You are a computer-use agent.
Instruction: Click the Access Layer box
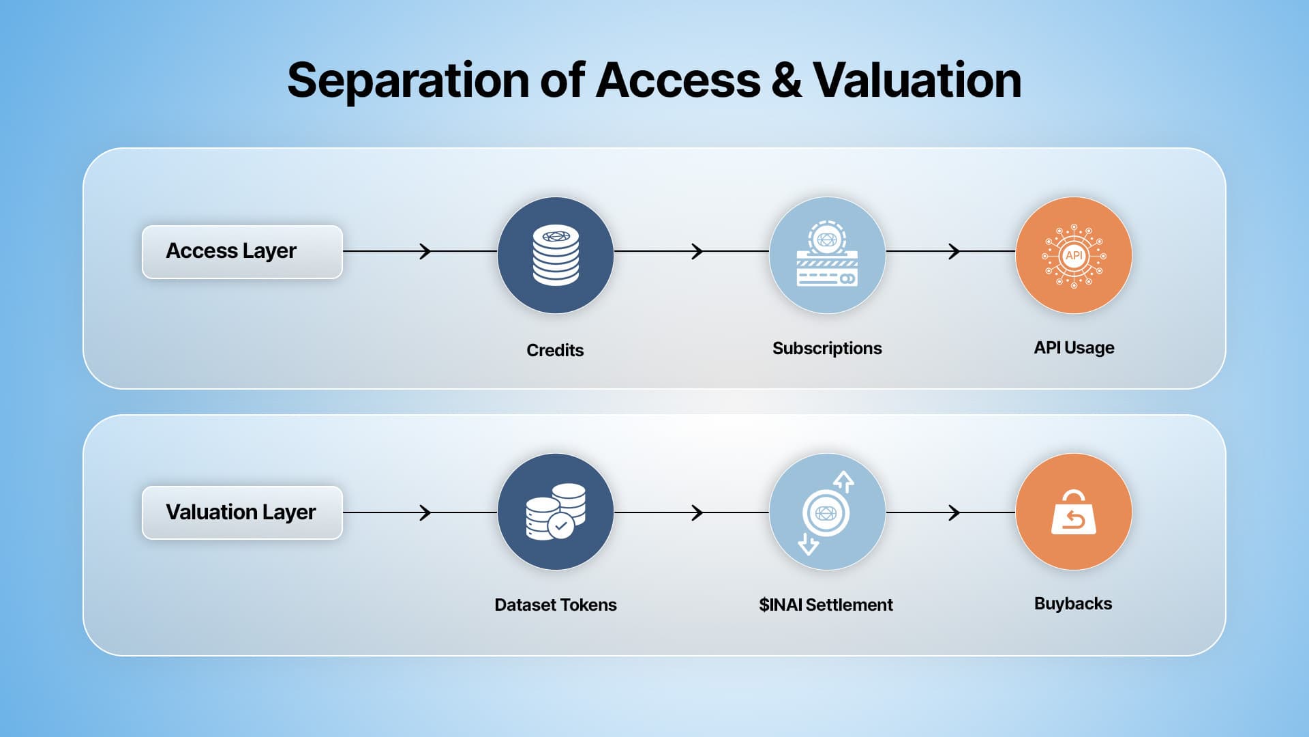[242, 252]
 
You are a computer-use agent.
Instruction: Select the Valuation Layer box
[242, 512]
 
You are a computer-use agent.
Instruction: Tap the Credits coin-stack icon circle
[556, 255]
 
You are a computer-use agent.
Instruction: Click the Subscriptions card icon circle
[827, 255]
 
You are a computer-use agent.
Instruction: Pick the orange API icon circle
[1074, 255]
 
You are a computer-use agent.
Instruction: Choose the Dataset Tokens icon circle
[556, 512]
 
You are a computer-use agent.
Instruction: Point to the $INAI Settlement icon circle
[827, 512]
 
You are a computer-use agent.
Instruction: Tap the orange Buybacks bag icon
[1074, 512]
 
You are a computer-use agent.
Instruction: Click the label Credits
[555, 350]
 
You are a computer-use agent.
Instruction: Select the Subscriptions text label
[827, 349]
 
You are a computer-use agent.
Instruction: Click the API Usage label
[1074, 348]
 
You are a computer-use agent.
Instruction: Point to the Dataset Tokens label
[556, 605]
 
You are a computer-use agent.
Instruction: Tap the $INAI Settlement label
[826, 605]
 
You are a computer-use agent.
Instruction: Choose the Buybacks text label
[1073, 604]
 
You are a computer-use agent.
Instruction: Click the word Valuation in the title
[917, 81]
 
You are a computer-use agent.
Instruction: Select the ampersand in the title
[786, 81]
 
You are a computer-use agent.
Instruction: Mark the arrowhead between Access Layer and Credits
[426, 251]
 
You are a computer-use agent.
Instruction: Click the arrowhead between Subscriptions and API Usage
[955, 251]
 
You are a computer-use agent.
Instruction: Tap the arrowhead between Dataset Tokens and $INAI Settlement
[697, 512]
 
